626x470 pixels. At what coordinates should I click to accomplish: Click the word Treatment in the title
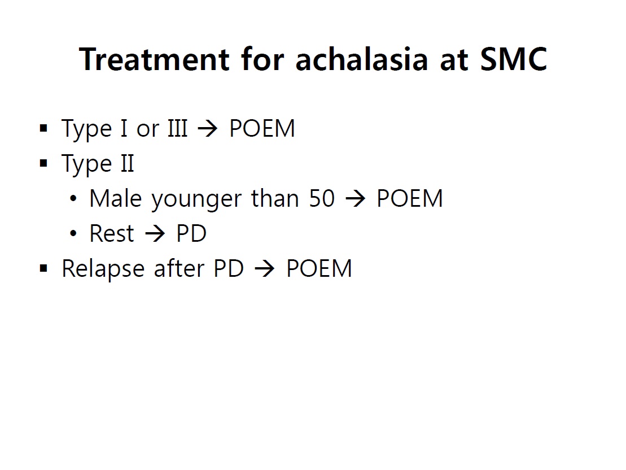click(154, 59)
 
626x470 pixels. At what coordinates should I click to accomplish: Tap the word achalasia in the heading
click(362, 59)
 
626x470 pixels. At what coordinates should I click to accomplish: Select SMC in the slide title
click(514, 59)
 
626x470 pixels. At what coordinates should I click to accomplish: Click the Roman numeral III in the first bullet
click(178, 128)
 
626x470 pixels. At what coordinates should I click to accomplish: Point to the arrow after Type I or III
click(208, 129)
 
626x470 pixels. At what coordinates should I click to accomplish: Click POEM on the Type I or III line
click(262, 128)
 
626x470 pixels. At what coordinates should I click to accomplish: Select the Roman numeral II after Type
click(128, 163)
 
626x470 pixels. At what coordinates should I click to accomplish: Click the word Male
click(115, 198)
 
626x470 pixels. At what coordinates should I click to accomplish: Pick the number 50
click(322, 198)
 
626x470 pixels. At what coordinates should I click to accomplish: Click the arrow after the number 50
click(355, 199)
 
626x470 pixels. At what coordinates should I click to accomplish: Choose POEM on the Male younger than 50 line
click(410, 198)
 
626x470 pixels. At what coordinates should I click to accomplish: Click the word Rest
click(112, 233)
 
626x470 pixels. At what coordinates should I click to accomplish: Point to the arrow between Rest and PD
click(155, 233)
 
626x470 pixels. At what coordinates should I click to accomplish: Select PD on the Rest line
click(191, 233)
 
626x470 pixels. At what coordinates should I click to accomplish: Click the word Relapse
click(103, 269)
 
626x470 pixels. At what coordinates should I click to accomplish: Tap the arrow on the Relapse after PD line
click(265, 268)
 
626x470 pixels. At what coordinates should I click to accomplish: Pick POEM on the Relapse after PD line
click(319, 268)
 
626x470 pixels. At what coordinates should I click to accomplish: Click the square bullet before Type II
click(44, 163)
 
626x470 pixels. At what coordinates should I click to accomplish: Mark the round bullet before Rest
click(73, 233)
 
